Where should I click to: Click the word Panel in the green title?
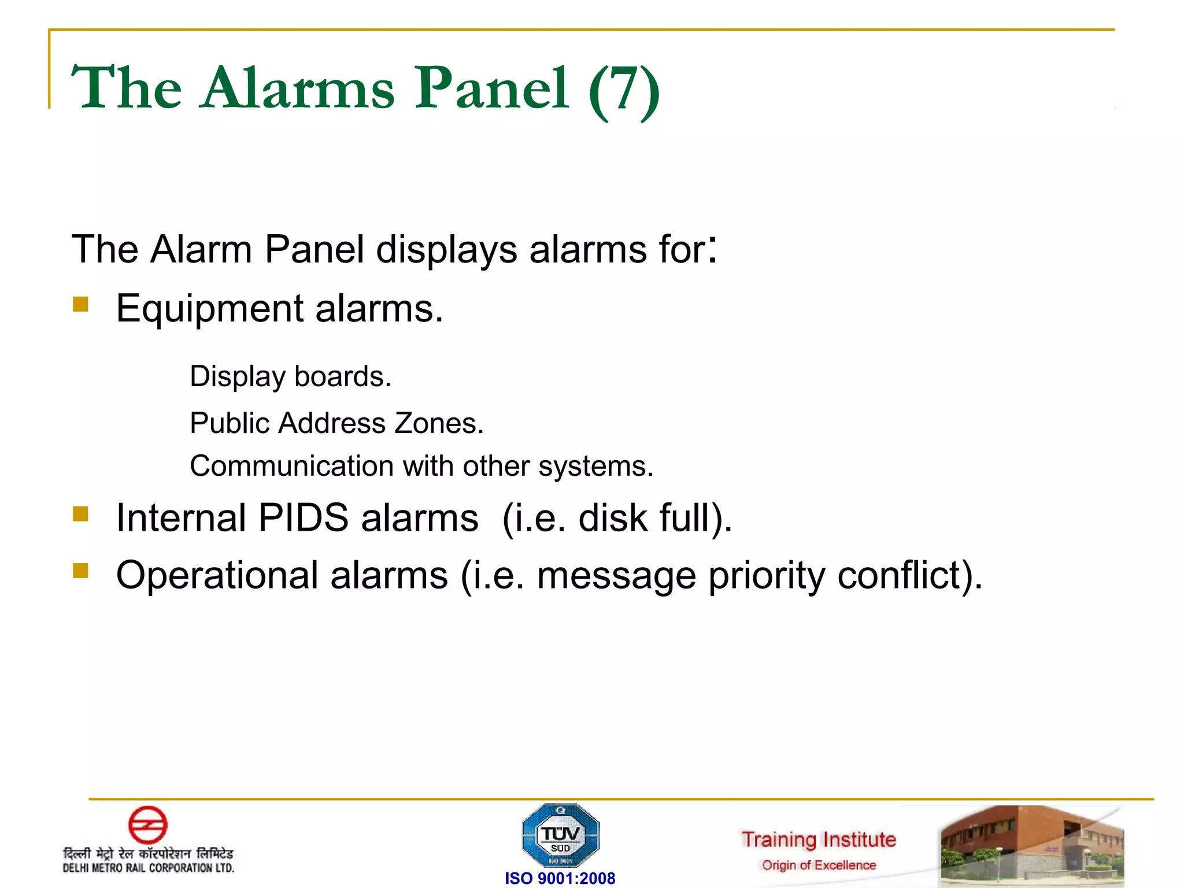pyautogui.click(x=492, y=88)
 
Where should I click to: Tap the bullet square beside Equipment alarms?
pyautogui.click(x=81, y=304)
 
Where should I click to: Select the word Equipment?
pyautogui.click(x=209, y=309)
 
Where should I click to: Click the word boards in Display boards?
pyautogui.click(x=342, y=376)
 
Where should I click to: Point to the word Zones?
pyautogui.click(x=438, y=423)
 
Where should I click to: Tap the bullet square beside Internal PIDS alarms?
pyautogui.click(x=81, y=513)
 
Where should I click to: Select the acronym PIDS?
pyautogui.click(x=303, y=517)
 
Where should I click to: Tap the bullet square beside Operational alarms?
pyautogui.click(x=81, y=571)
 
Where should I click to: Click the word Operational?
pyautogui.click(x=217, y=576)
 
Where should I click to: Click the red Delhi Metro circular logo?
pyautogui.click(x=147, y=825)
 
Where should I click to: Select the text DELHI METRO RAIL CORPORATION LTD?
pyautogui.click(x=149, y=868)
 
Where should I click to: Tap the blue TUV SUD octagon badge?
pyautogui.click(x=560, y=836)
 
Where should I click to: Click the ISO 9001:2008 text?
pyautogui.click(x=560, y=878)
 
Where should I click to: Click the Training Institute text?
pyautogui.click(x=819, y=839)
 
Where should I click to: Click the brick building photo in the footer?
pyautogui.click(x=1032, y=845)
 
